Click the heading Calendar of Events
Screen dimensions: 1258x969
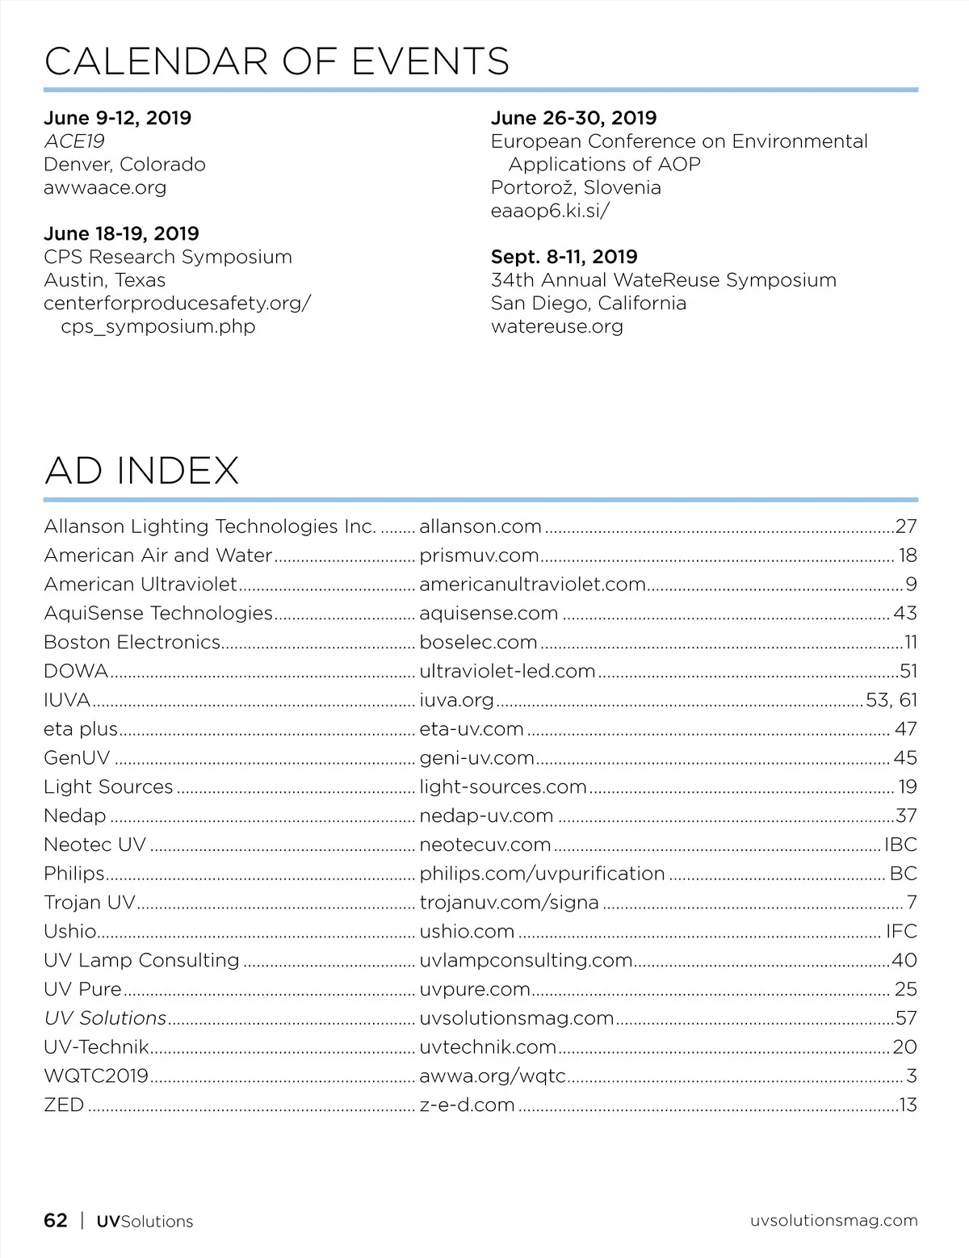pyautogui.click(x=277, y=61)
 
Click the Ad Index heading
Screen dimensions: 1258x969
pyautogui.click(x=142, y=470)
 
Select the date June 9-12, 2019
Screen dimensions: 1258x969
pyautogui.click(x=117, y=118)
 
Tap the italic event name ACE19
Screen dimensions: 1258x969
pyautogui.click(x=74, y=141)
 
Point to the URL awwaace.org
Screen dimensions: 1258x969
pyautogui.click(x=105, y=188)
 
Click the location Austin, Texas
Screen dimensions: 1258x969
pyautogui.click(x=104, y=280)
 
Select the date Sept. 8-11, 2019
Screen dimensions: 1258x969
pyautogui.click(x=564, y=257)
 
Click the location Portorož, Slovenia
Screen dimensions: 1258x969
pyautogui.click(x=576, y=187)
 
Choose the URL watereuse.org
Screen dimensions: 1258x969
pyautogui.click(x=556, y=326)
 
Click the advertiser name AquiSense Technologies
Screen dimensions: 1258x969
pyautogui.click(x=158, y=613)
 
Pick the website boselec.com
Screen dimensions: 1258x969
pyautogui.click(x=478, y=642)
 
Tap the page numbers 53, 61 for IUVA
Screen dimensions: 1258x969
pyautogui.click(x=891, y=700)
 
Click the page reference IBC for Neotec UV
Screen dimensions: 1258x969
pyautogui.click(x=900, y=845)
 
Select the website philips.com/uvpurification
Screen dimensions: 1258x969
pyautogui.click(x=542, y=874)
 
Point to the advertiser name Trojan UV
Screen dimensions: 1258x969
pyautogui.click(x=90, y=903)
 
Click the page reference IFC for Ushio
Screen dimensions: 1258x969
pyautogui.click(x=901, y=932)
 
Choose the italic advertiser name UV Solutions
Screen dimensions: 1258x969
pyautogui.click(x=105, y=1018)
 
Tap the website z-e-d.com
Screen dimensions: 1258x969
pyautogui.click(x=467, y=1105)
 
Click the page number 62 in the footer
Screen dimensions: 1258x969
pyautogui.click(x=56, y=1220)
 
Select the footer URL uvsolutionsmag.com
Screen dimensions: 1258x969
pyautogui.click(x=833, y=1220)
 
